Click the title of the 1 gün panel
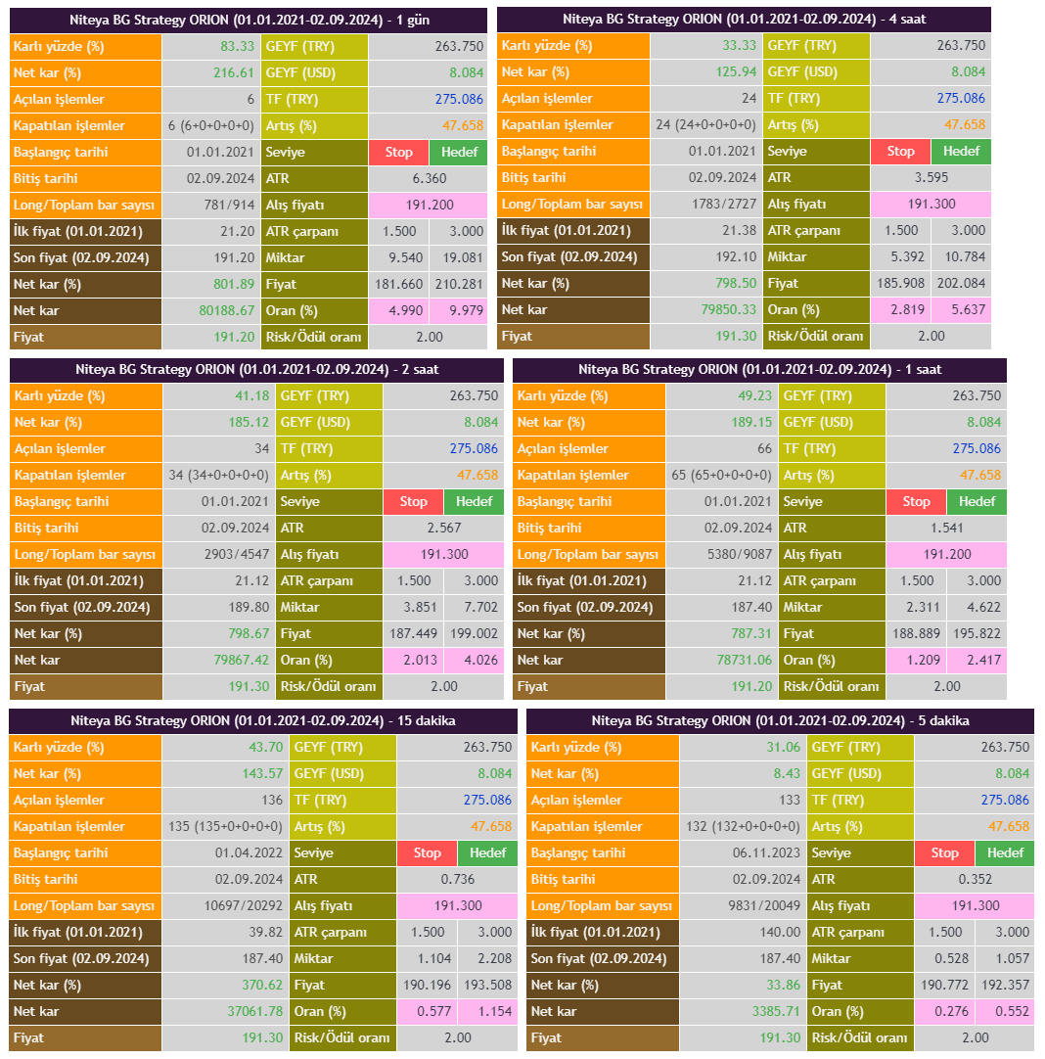point(250,20)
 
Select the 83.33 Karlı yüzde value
point(237,46)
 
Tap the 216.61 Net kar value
point(234,72)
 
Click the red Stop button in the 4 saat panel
point(900,151)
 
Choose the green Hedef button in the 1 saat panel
point(977,501)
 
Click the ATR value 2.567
point(444,528)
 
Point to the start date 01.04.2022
point(249,852)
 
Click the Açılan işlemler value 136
point(272,800)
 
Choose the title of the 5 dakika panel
point(780,721)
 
